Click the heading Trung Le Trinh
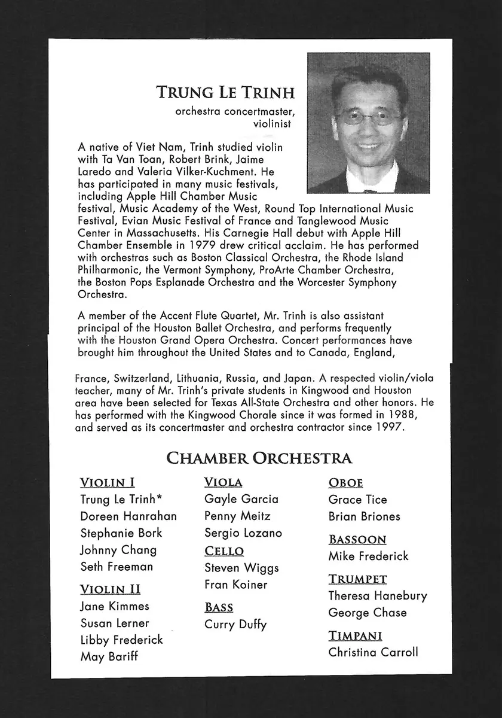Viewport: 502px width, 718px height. [x=226, y=93]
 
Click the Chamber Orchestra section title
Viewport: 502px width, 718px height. [x=259, y=459]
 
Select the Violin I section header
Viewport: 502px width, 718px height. [x=107, y=483]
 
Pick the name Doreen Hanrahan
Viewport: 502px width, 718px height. [x=128, y=516]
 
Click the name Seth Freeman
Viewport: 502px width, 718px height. [x=117, y=567]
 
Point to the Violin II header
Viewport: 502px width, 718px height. [x=111, y=590]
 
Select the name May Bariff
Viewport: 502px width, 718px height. [x=109, y=657]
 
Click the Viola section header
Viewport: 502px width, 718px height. [x=223, y=482]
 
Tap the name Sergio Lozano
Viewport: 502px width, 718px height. [x=243, y=533]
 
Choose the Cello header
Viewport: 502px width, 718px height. [x=224, y=551]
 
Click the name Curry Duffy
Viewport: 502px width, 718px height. [x=235, y=625]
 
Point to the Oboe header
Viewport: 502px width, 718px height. [x=345, y=483]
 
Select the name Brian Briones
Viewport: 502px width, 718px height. [x=364, y=516]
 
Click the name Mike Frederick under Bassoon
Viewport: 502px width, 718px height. [x=368, y=556]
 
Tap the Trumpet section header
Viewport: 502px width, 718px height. [x=357, y=579]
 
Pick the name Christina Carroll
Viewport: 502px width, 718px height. [x=373, y=653]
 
